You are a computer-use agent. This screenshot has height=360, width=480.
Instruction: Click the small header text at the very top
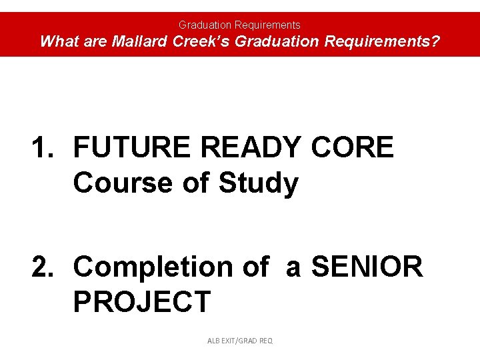(239, 25)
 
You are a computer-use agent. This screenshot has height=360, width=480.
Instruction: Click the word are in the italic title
(95, 41)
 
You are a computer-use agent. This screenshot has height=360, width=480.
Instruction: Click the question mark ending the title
(435, 41)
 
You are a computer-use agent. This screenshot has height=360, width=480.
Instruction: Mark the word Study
(259, 183)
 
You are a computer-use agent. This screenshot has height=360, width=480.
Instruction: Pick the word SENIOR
(367, 267)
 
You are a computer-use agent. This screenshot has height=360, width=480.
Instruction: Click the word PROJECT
(141, 301)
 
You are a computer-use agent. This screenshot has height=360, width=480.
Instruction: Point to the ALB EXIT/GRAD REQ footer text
(240, 341)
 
